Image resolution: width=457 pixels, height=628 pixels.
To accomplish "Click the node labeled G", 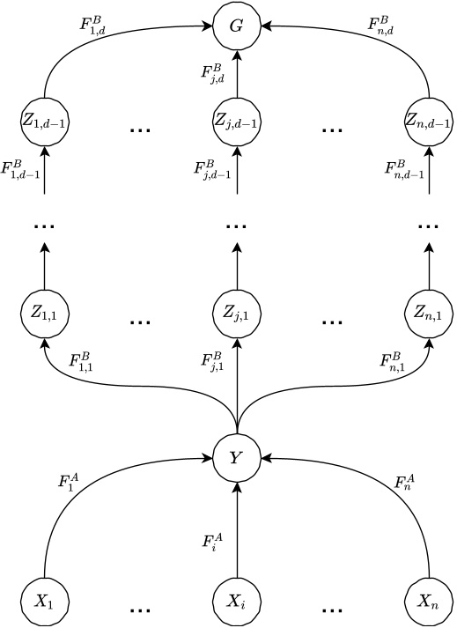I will [236, 26].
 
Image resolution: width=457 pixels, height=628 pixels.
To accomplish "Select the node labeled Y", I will [236, 458].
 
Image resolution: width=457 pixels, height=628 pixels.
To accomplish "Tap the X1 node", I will [44, 603].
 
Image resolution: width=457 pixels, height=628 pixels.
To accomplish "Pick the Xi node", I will [236, 603].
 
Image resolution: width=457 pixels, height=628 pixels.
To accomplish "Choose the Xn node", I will [428, 603].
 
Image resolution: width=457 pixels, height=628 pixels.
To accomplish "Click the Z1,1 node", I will [44, 312].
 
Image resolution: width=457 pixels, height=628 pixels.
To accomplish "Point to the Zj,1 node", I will [236, 312].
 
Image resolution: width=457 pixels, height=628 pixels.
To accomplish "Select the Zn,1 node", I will [428, 312].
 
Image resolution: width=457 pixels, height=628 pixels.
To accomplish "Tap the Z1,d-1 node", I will [44, 118].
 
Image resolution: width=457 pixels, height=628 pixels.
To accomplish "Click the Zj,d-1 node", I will [236, 118].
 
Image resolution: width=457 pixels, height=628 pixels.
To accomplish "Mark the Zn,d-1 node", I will [428, 118].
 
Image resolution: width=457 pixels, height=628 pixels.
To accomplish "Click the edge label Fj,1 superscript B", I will [211, 362].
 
